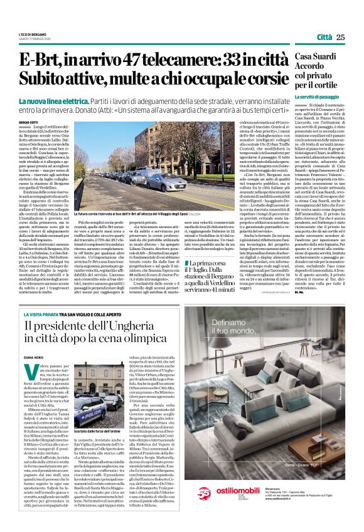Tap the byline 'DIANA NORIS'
pyautogui.click(x=29, y=358)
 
